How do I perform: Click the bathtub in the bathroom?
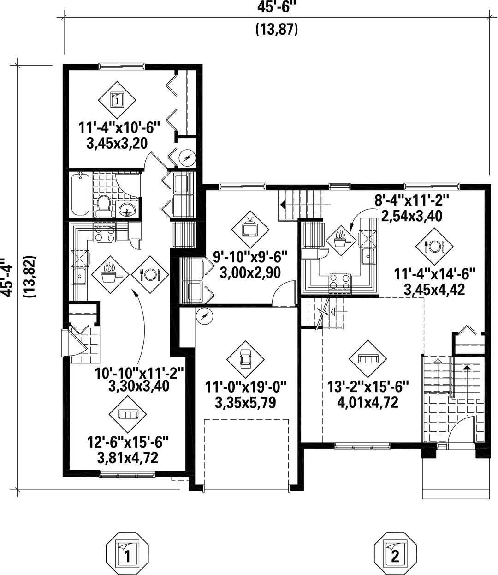(x=80, y=194)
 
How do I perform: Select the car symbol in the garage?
(x=245, y=359)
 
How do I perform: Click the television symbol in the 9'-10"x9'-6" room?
(x=250, y=229)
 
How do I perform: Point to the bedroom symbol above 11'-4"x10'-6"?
(x=117, y=99)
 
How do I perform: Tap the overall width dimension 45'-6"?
(x=276, y=7)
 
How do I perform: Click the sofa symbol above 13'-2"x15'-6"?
(x=368, y=359)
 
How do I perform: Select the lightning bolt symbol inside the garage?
(x=202, y=316)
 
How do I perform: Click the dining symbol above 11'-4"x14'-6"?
(x=434, y=247)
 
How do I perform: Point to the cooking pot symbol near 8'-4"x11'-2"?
(x=342, y=239)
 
